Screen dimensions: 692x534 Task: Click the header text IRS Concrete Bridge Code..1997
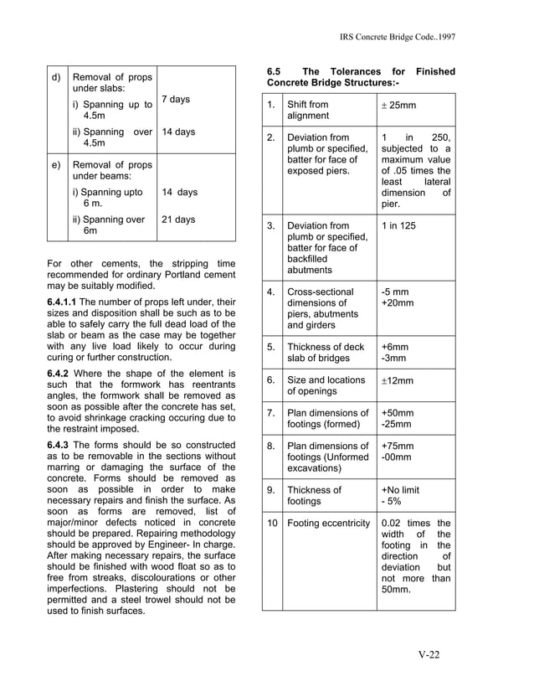click(398, 38)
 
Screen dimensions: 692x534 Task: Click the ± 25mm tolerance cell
click(398, 106)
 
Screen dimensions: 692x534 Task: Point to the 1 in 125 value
click(399, 226)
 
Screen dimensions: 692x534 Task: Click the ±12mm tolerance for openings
click(398, 381)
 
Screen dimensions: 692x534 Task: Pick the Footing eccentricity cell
click(328, 524)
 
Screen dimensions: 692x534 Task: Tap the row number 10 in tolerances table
click(271, 524)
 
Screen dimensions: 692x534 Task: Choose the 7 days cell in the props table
click(175, 100)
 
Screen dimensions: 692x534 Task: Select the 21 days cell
click(178, 219)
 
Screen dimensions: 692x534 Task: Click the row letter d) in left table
click(56, 79)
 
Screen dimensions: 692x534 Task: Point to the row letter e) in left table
click(56, 165)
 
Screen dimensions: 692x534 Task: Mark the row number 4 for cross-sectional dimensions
click(271, 292)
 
